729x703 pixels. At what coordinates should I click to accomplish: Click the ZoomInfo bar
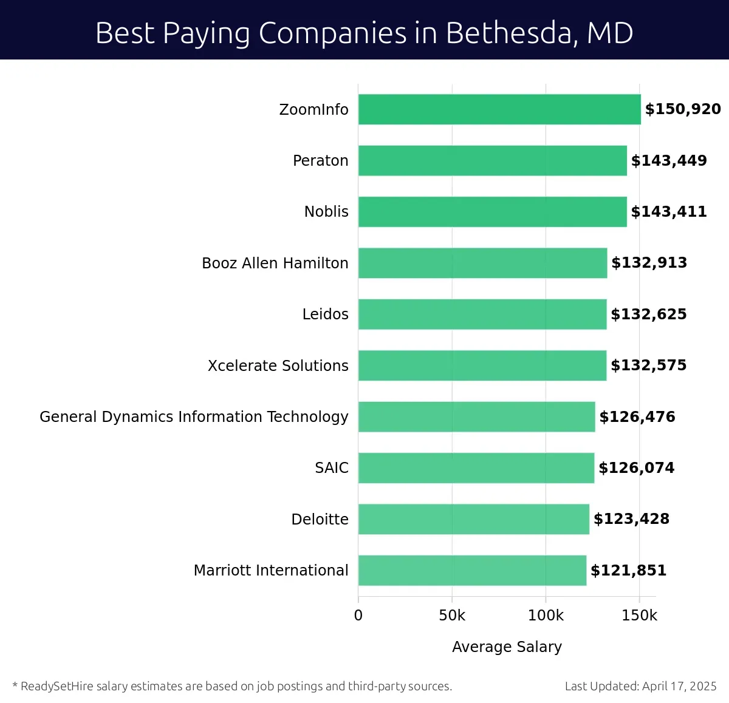tap(499, 109)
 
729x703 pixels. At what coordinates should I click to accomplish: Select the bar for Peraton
tap(492, 160)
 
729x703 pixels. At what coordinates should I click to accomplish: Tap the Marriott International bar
tap(472, 570)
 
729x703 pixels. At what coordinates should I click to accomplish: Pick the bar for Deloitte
tap(474, 519)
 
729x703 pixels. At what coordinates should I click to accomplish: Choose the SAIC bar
tap(476, 467)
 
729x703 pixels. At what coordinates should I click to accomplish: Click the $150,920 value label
tap(683, 109)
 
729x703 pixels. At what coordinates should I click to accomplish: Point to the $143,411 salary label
tap(669, 211)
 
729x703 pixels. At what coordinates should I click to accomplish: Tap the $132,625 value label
tap(649, 314)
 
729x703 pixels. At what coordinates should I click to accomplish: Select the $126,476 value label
tap(637, 416)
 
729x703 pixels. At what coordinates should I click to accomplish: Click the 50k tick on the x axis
tap(452, 615)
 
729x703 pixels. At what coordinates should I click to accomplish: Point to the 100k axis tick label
tap(546, 615)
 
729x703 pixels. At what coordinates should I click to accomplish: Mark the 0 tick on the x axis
tap(358, 615)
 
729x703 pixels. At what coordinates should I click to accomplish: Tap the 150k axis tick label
tap(639, 615)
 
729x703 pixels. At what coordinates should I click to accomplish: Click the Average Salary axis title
tap(507, 647)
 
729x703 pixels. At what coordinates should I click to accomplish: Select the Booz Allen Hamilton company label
tap(275, 263)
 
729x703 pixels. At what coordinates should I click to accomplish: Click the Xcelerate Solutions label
tap(278, 365)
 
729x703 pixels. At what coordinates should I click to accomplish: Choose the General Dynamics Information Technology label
tap(194, 416)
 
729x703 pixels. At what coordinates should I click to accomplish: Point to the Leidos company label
tap(326, 314)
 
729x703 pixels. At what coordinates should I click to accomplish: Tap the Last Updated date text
tap(640, 686)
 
